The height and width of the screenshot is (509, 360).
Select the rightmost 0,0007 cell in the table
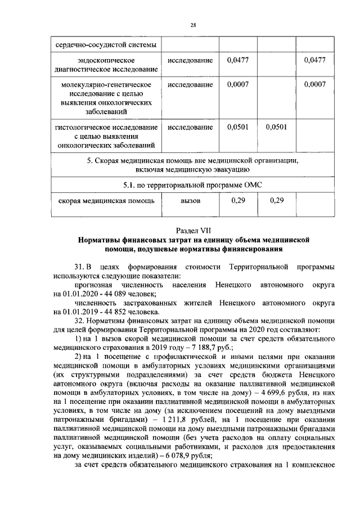(x=314, y=84)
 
